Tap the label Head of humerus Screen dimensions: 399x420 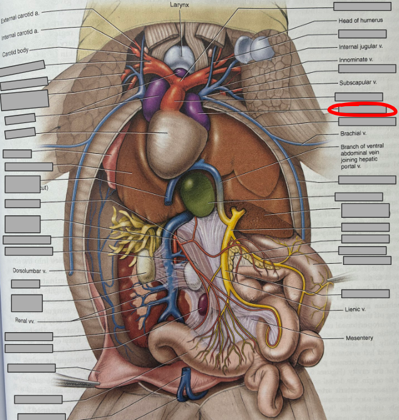[360, 21]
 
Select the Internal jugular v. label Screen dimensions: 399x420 [361, 46]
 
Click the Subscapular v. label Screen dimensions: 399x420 [358, 82]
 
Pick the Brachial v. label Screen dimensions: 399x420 [353, 134]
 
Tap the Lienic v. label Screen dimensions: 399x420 [355, 310]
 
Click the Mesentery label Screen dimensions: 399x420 [359, 338]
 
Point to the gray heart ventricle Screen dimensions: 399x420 [168, 132]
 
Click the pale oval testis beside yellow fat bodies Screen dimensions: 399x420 [145, 266]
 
